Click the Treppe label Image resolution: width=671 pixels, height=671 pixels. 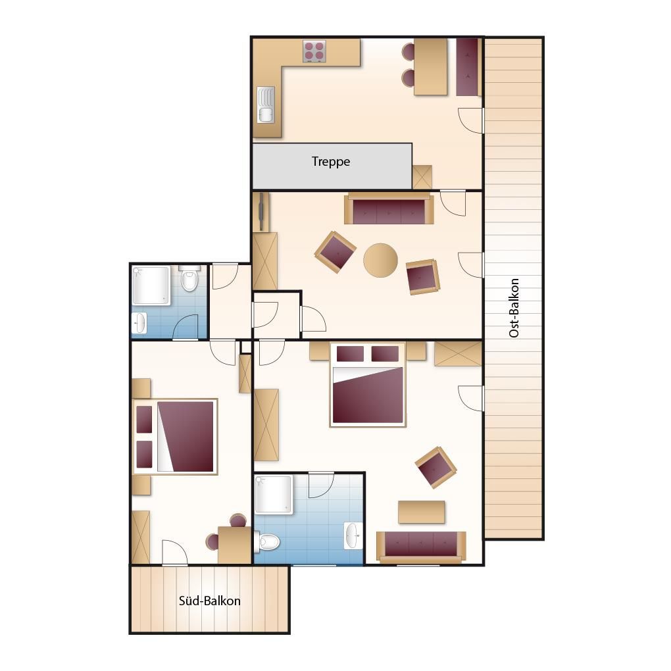pos(331,162)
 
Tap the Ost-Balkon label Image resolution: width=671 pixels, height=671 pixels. pos(514,308)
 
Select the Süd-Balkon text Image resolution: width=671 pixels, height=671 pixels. pos(210,601)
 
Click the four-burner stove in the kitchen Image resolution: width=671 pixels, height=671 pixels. pos(314,51)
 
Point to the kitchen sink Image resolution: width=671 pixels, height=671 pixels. pos(266,105)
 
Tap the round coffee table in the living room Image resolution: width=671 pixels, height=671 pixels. pos(380,261)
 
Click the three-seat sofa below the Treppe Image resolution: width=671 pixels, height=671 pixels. pos(389,209)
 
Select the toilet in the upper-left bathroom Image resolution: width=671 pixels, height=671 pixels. pos(189,278)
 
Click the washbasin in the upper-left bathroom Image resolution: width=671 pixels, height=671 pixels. pos(139,322)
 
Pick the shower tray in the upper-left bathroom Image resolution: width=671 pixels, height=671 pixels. pos(151,286)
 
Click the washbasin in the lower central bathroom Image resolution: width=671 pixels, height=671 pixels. pos(353,535)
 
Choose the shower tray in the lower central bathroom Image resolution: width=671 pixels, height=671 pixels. pos(274,495)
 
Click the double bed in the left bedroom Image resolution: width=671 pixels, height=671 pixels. pos(175,437)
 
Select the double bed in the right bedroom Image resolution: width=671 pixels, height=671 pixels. pos(368,385)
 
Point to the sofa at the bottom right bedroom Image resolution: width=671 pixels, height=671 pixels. pos(421,547)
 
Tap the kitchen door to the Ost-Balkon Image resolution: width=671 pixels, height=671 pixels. pos(471,120)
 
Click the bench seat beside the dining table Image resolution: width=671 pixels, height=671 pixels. pos(467,67)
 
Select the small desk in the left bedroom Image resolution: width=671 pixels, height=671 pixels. pos(234,545)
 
